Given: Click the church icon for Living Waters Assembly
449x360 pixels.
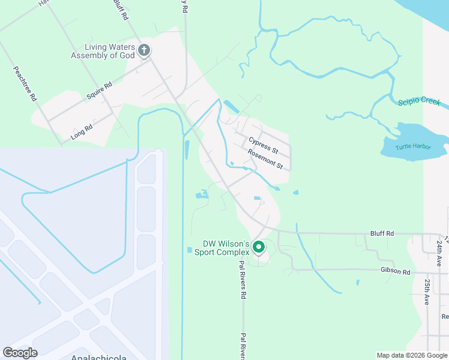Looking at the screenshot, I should [x=144, y=50].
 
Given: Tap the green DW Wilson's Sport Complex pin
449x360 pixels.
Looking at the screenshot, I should [x=259, y=247].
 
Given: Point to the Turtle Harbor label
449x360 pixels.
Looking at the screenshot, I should [x=413, y=146].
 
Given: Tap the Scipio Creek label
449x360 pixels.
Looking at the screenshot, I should [x=419, y=101].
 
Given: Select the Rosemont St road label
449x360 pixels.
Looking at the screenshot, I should [x=265, y=159].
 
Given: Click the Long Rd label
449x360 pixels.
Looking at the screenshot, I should [x=82, y=131].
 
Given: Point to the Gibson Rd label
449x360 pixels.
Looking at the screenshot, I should [x=394, y=272].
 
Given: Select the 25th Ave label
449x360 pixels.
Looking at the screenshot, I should [x=427, y=292].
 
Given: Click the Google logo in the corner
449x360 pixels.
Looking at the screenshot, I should [x=20, y=353].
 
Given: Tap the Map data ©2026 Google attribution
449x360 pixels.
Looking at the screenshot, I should [x=411, y=355].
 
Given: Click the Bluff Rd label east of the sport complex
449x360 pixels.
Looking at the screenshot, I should [x=382, y=233].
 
